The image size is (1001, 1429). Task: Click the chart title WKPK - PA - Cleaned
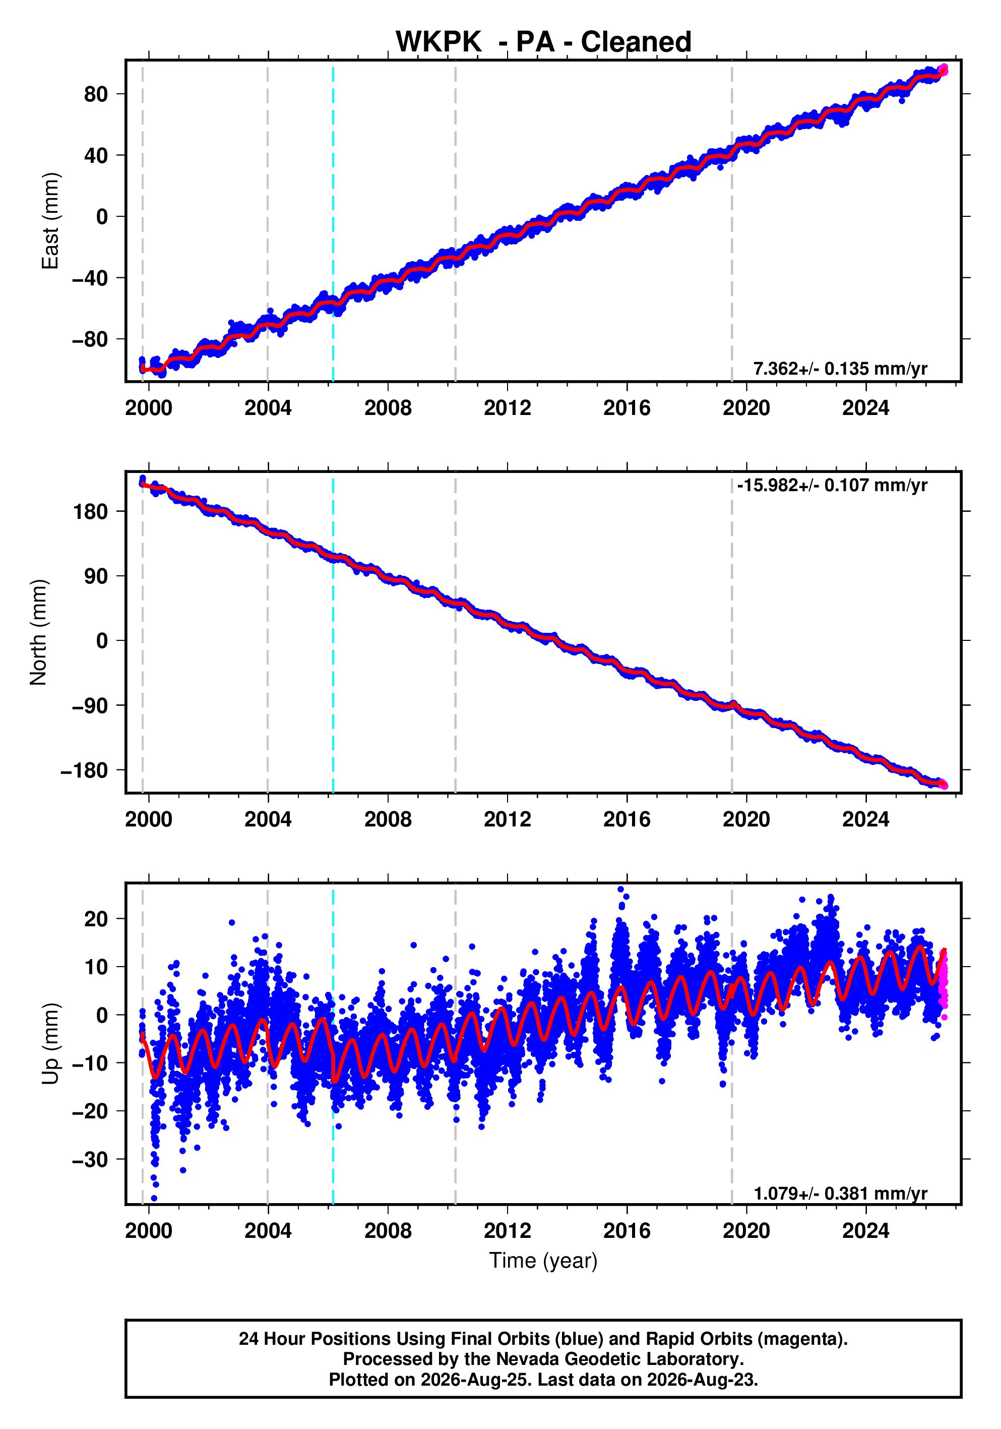tap(543, 42)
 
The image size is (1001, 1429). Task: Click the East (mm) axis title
tap(50, 221)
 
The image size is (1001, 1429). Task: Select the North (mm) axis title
tap(38, 632)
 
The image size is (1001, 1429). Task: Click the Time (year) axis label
tap(543, 1260)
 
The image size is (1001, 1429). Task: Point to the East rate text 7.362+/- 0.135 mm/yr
tap(840, 369)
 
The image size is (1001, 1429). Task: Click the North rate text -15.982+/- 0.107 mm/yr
tap(832, 485)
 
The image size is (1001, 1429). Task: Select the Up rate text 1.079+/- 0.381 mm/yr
tap(840, 1193)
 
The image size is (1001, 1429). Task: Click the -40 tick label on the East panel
tap(90, 278)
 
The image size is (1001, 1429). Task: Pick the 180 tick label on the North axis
tap(90, 512)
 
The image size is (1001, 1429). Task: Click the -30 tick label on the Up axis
tap(90, 1160)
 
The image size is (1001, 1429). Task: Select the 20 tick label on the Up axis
tap(96, 919)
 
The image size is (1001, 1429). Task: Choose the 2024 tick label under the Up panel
tap(865, 1231)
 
